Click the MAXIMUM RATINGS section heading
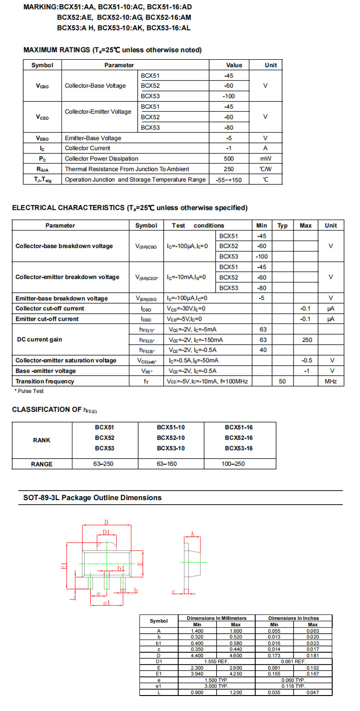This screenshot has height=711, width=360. coord(112,50)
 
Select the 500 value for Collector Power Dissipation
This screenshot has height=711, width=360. coord(229,159)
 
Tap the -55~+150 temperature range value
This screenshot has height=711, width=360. coord(229,180)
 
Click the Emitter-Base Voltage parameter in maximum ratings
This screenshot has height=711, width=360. coord(93,138)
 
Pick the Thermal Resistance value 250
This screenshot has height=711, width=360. coord(229,169)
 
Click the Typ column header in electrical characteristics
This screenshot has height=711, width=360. coord(283,225)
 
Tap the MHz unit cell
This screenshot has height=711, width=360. coord(331,381)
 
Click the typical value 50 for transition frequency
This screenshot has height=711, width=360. coord(283,381)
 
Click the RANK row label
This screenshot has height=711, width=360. coord(41,440)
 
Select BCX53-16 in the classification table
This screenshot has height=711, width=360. coord(239,448)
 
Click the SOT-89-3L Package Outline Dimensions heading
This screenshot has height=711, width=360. coord(93,498)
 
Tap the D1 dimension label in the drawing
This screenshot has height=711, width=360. coord(106,532)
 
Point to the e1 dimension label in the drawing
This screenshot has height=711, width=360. coord(107,603)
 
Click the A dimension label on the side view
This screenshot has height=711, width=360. coord(192,534)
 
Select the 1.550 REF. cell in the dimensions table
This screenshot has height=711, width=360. coord(216,661)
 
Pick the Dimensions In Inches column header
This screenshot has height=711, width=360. coord(293,618)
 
